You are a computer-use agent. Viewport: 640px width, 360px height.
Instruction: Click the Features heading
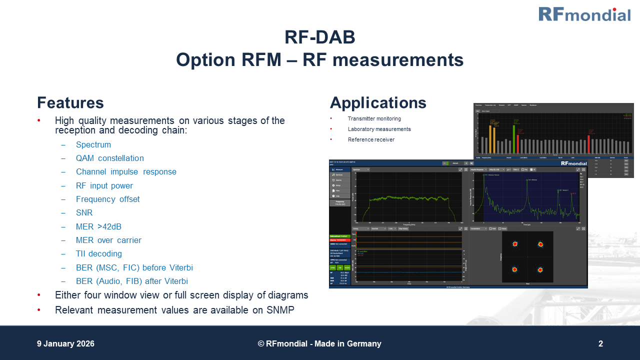click(x=70, y=103)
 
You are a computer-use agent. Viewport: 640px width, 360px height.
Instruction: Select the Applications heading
click(x=378, y=103)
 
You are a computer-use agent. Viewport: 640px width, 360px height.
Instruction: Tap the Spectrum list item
click(x=93, y=145)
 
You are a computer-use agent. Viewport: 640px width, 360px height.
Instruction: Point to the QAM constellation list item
click(x=109, y=158)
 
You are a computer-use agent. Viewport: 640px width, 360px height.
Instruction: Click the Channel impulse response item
click(x=126, y=172)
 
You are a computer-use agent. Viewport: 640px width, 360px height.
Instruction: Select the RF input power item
click(x=104, y=186)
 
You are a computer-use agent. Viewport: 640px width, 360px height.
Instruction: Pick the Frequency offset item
click(x=107, y=199)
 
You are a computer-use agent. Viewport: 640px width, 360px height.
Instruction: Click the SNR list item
click(x=84, y=213)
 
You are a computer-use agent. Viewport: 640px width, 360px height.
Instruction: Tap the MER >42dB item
click(x=98, y=226)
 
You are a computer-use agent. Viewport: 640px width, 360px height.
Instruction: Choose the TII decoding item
click(x=98, y=254)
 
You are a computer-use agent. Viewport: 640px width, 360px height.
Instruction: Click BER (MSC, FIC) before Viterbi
click(x=134, y=267)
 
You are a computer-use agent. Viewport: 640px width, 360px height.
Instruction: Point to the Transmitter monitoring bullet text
click(x=374, y=119)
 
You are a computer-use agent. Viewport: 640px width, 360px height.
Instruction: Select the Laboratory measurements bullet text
click(x=379, y=129)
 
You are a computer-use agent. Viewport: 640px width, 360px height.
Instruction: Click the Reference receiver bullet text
click(x=371, y=140)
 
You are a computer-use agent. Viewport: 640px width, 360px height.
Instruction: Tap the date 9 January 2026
click(x=65, y=344)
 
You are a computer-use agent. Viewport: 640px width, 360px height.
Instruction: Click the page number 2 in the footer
click(x=600, y=344)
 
